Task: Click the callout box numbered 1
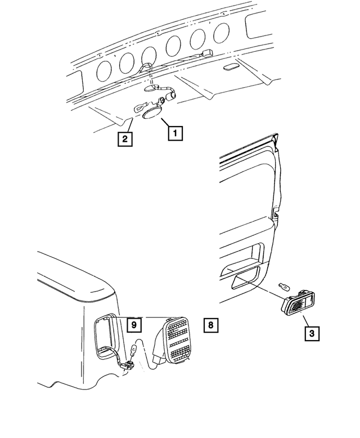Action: (x=174, y=133)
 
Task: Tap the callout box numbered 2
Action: (x=125, y=138)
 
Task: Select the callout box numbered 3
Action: (x=313, y=333)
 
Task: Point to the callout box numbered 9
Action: (x=134, y=325)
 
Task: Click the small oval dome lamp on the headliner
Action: (x=230, y=68)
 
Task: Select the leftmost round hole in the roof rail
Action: (x=104, y=70)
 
